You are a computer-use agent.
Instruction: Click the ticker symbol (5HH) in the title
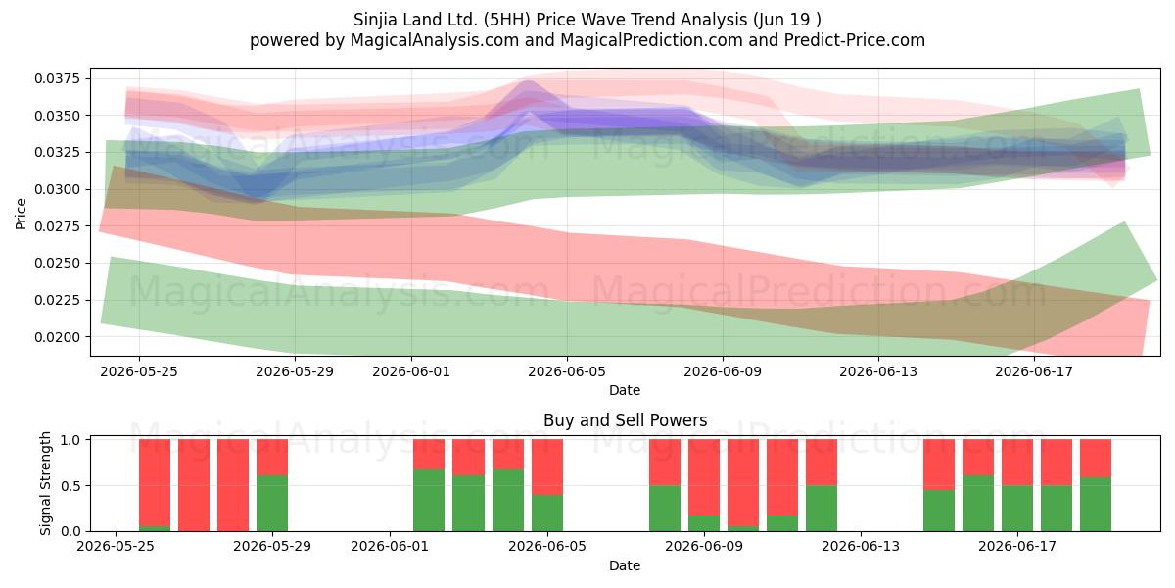(507, 20)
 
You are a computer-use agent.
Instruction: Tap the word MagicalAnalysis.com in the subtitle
(435, 40)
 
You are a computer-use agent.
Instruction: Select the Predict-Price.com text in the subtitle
(855, 40)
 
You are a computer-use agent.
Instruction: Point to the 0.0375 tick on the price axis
(58, 78)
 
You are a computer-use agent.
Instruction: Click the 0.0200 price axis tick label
(58, 337)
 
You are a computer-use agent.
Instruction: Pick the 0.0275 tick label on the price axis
(58, 226)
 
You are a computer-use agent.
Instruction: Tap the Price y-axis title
(21, 214)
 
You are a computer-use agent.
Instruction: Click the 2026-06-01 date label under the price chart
(411, 371)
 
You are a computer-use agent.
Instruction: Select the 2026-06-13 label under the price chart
(878, 371)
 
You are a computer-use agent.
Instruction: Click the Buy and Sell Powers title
(626, 420)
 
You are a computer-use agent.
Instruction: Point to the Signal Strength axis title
(46, 483)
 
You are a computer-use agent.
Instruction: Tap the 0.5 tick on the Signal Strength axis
(70, 486)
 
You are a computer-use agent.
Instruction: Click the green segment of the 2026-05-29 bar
(272, 503)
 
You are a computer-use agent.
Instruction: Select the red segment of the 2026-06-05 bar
(547, 466)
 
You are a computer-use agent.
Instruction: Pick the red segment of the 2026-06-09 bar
(704, 477)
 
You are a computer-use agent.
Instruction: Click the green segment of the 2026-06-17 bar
(1017, 509)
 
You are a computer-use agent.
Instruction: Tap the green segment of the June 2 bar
(429, 501)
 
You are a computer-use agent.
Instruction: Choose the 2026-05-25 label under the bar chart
(116, 546)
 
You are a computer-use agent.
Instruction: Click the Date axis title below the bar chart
(625, 566)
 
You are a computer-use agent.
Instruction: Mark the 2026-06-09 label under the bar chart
(704, 546)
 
